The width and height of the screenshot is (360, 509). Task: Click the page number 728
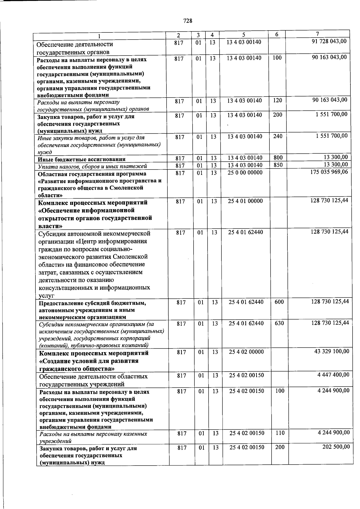(x=187, y=21)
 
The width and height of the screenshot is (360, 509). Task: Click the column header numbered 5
(x=244, y=35)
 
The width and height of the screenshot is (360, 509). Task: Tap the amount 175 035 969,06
(x=329, y=172)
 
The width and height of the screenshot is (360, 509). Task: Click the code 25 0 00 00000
(x=245, y=172)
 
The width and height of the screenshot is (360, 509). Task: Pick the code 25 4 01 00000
(x=245, y=201)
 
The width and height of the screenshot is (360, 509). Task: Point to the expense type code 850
(x=278, y=165)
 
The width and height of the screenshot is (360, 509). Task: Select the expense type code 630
(x=279, y=323)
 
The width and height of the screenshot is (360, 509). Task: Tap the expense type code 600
(x=279, y=302)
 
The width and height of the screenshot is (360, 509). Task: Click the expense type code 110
(x=280, y=433)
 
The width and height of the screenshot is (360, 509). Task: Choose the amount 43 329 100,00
(x=331, y=351)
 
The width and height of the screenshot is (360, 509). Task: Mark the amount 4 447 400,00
(x=333, y=375)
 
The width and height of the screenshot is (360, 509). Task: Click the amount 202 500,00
(x=336, y=447)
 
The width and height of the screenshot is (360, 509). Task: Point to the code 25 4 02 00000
(x=246, y=352)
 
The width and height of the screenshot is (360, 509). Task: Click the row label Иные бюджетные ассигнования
(x=81, y=159)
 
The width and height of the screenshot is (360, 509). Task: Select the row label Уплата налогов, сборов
(x=92, y=166)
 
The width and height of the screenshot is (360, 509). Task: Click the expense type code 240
(x=278, y=136)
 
